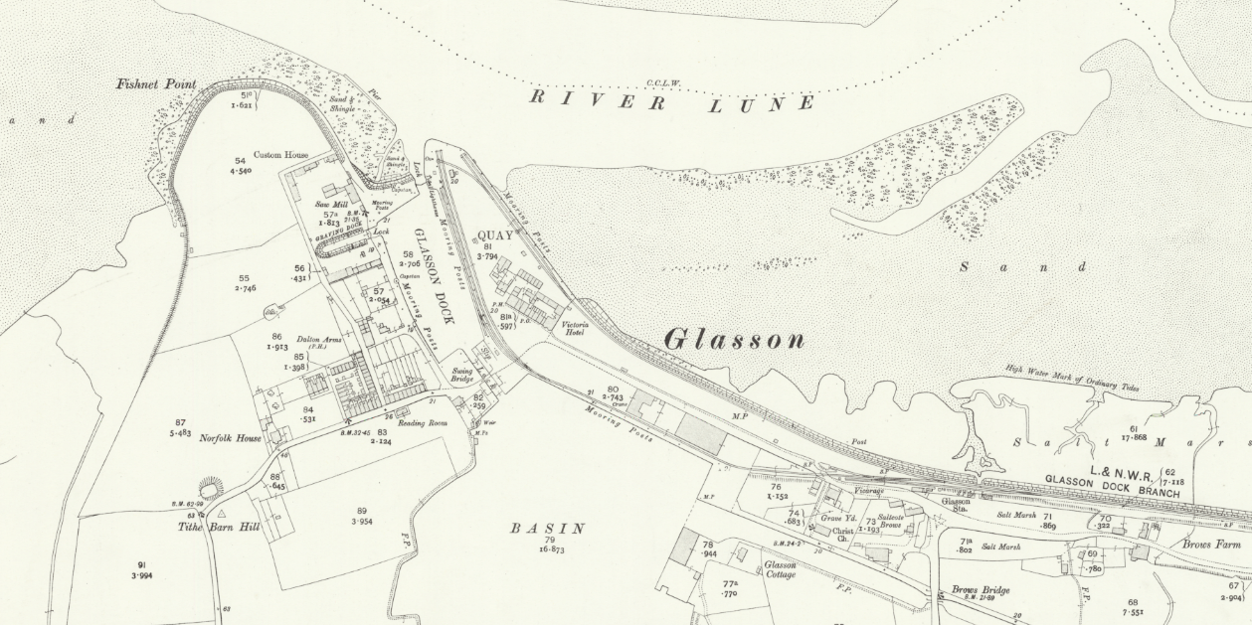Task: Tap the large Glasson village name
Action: [734, 340]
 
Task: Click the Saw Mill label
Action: [329, 204]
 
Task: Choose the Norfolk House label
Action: [230, 438]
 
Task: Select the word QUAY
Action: [495, 236]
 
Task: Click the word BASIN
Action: [547, 529]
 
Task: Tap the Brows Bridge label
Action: [980, 590]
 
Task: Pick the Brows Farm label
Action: [1211, 545]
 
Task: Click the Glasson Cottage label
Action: [780, 568]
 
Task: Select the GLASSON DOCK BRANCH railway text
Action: [1112, 485]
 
